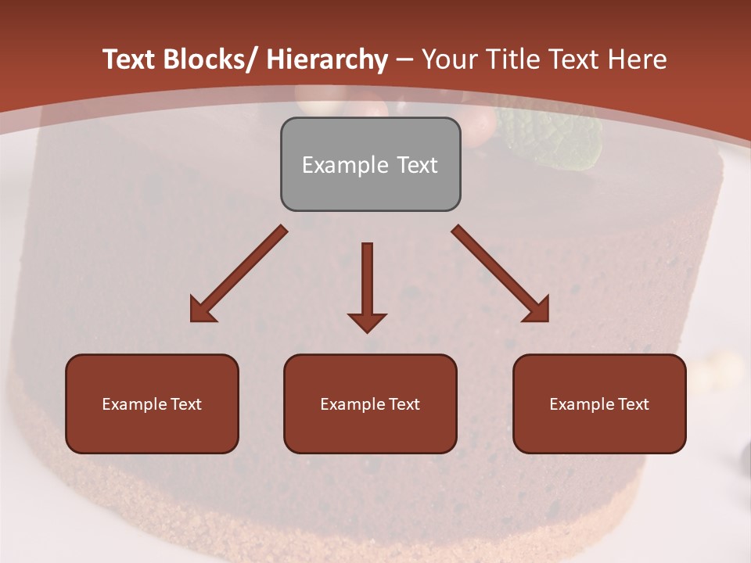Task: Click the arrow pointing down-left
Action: tap(239, 274)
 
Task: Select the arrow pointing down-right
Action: tap(501, 274)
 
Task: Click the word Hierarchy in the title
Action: tap(327, 59)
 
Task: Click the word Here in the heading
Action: tap(637, 59)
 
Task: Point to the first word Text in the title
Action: tap(131, 59)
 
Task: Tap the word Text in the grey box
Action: tap(416, 165)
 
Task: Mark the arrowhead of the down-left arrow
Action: tap(201, 310)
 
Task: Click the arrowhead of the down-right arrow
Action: tap(537, 310)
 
